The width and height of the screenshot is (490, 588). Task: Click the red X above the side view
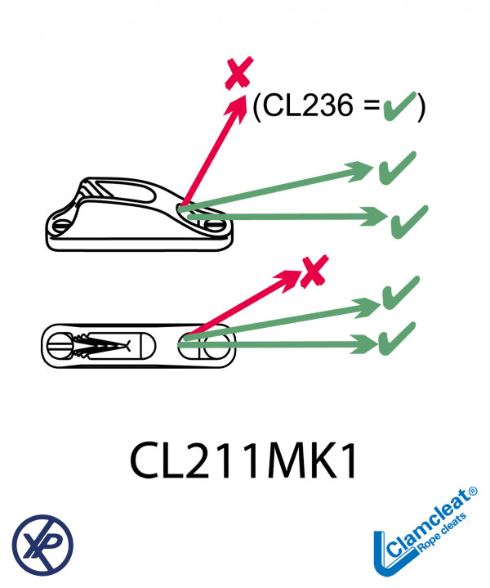(x=239, y=73)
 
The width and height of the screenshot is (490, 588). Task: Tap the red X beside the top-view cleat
(x=314, y=272)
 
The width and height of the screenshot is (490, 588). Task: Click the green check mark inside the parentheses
(x=399, y=106)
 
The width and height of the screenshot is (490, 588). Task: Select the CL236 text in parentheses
(x=308, y=105)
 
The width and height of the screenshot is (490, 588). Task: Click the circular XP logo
(x=42, y=545)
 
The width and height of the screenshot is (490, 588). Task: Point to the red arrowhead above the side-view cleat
(x=237, y=108)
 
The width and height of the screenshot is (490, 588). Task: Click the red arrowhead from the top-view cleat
(x=287, y=279)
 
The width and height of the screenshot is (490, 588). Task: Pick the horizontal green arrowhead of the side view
(x=373, y=217)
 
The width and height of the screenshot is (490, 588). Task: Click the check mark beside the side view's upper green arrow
(x=397, y=168)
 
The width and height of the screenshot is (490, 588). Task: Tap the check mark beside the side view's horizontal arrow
(x=409, y=222)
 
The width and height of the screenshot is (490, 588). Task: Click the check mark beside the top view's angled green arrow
(x=400, y=293)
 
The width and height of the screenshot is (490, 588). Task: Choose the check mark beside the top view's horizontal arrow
(x=397, y=339)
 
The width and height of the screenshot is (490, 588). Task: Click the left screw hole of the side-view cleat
(x=61, y=226)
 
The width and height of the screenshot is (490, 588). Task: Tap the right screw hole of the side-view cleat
(x=214, y=226)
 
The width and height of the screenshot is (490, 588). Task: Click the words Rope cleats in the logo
(x=443, y=532)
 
